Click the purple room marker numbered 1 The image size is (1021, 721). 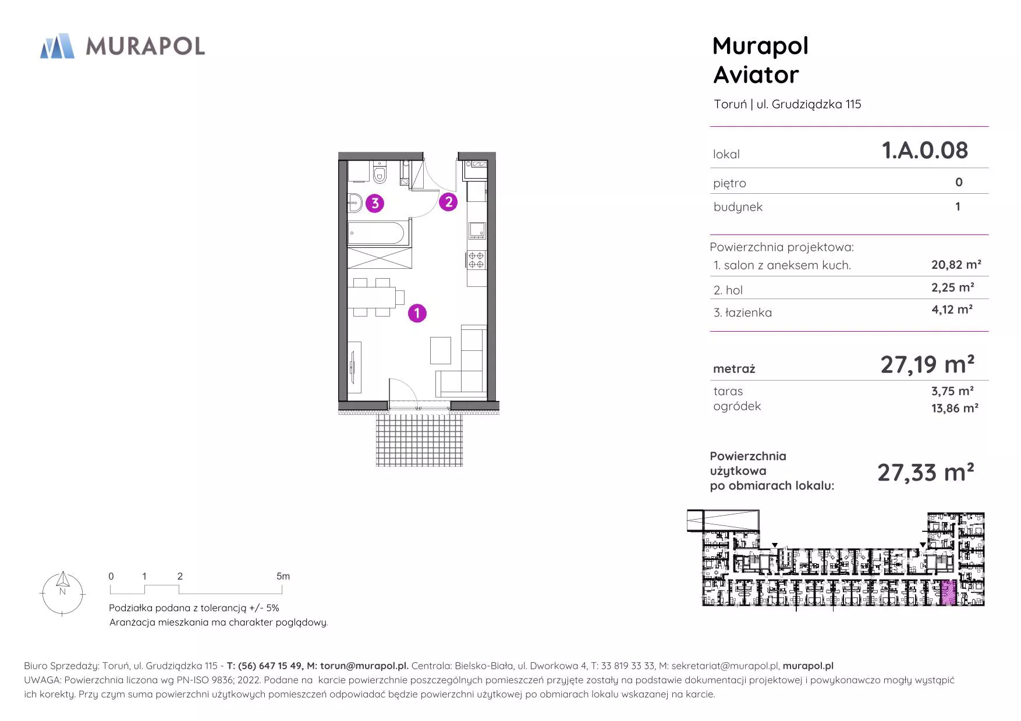coord(417,313)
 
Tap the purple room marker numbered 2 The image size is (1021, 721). coord(448,202)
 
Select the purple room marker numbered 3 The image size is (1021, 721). coord(375,203)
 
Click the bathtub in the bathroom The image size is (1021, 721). coord(376,233)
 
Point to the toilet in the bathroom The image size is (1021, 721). coord(380,173)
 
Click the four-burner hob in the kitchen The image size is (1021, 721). coord(476,260)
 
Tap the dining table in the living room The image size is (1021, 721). coord(372,297)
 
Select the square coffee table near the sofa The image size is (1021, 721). coord(441,350)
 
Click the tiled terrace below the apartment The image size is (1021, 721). coord(419,439)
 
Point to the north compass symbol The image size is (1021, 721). coord(62,593)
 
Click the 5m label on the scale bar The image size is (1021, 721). coord(283,576)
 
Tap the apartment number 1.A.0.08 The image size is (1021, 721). coord(925,150)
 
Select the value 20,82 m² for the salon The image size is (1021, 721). coord(956,264)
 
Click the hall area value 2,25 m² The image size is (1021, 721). coord(953,287)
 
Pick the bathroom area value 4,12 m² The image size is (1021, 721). coord(952,309)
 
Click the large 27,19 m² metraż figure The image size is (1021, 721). coord(927,365)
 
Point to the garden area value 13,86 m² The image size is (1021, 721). coord(955,408)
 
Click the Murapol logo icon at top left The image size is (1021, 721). coord(57,46)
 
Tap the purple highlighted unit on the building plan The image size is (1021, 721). coord(948,592)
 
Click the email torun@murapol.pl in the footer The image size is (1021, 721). coord(364,666)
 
